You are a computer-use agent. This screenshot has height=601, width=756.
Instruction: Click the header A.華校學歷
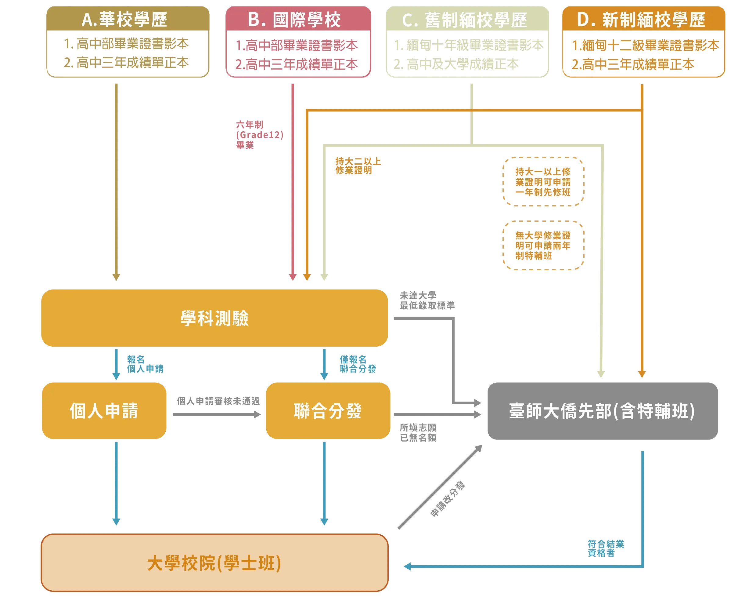click(124, 19)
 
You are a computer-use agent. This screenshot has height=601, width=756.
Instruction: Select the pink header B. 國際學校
click(294, 19)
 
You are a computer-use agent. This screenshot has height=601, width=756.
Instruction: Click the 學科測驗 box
click(214, 318)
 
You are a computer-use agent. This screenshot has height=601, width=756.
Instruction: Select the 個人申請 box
click(104, 410)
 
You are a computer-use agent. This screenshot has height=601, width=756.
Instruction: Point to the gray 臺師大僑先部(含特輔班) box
click(602, 410)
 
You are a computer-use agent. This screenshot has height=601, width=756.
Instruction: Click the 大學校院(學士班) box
click(214, 563)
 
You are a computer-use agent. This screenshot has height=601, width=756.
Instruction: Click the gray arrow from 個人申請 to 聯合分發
click(216, 415)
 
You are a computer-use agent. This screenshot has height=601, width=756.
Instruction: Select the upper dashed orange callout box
click(543, 182)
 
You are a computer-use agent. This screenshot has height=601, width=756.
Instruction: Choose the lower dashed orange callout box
click(543, 246)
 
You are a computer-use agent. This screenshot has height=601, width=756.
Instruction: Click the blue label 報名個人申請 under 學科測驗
click(145, 364)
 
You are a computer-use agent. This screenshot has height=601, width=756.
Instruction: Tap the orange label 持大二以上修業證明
click(358, 166)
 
